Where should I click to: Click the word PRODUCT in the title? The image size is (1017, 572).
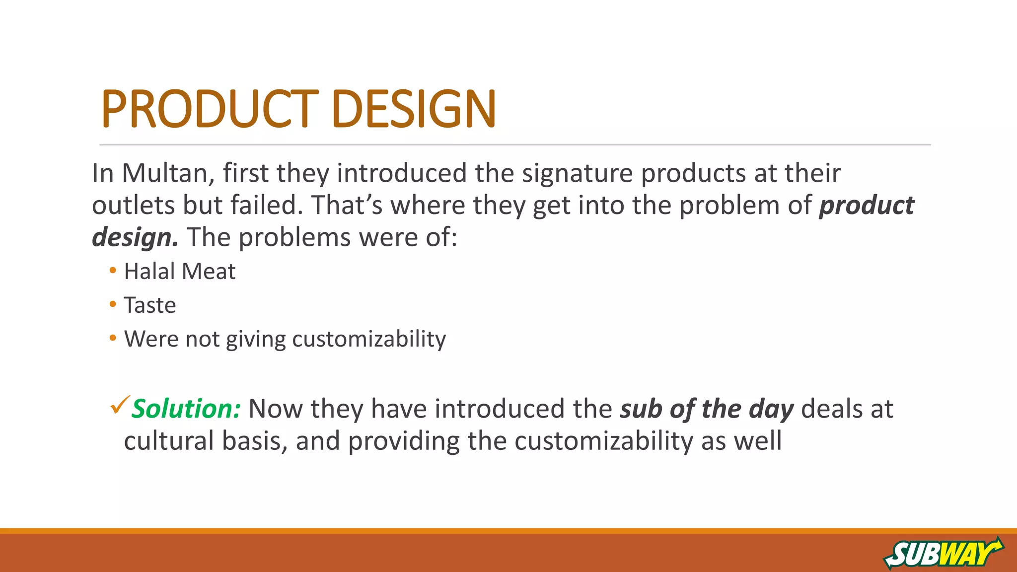(209, 109)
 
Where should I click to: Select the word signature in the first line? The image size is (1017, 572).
(577, 173)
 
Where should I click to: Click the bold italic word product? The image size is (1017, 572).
(867, 205)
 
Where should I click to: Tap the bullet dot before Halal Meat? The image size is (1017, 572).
(113, 271)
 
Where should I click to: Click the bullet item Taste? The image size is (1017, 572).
(150, 305)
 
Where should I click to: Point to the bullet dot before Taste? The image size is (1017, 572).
(113, 304)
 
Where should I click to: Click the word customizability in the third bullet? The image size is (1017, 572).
(369, 339)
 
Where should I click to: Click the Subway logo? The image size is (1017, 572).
(943, 553)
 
